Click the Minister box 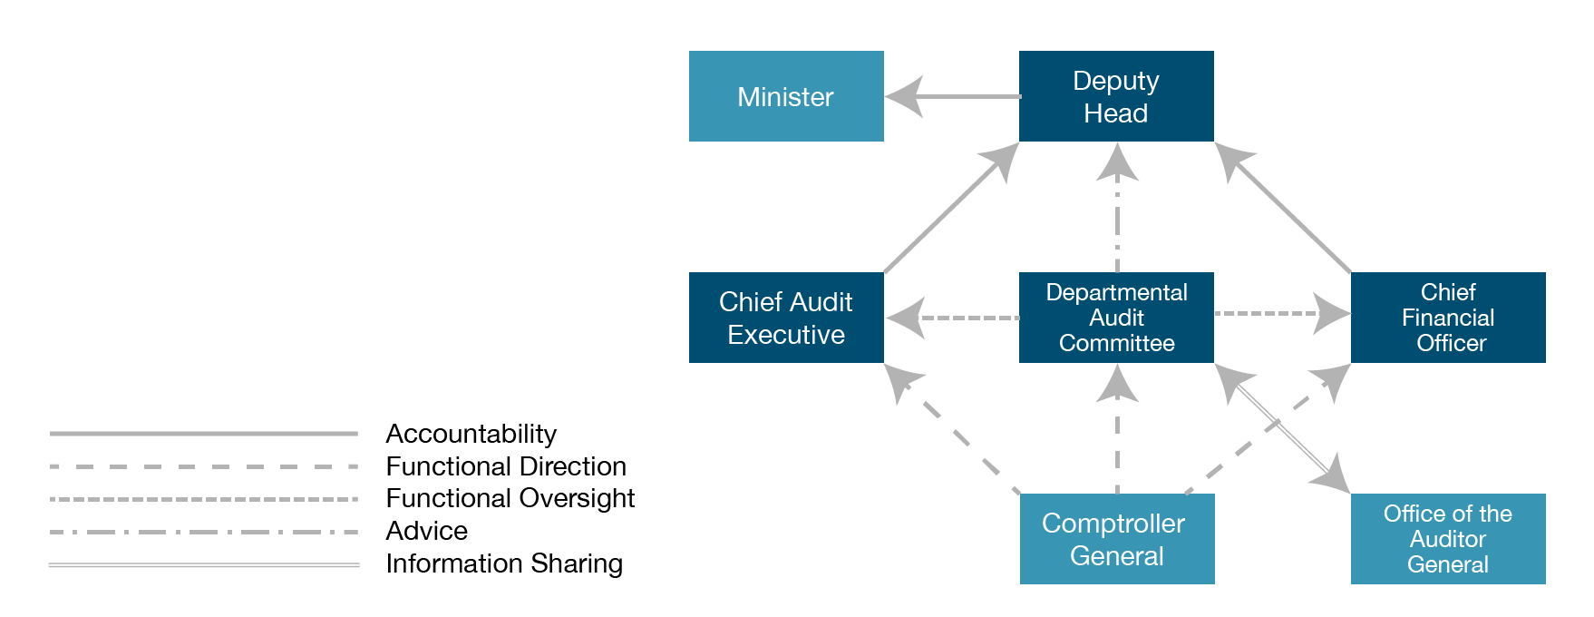point(786,96)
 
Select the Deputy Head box point(1116,96)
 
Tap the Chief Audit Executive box point(786,318)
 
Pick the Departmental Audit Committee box point(1116,318)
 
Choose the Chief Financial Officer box point(1448,318)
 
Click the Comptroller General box point(1116,539)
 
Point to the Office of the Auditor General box point(1448,539)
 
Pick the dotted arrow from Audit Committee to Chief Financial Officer point(1278,314)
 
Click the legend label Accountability point(471,434)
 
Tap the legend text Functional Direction point(506,466)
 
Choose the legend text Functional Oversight point(510,498)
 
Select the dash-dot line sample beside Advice point(204,532)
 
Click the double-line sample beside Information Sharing point(204,564)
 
